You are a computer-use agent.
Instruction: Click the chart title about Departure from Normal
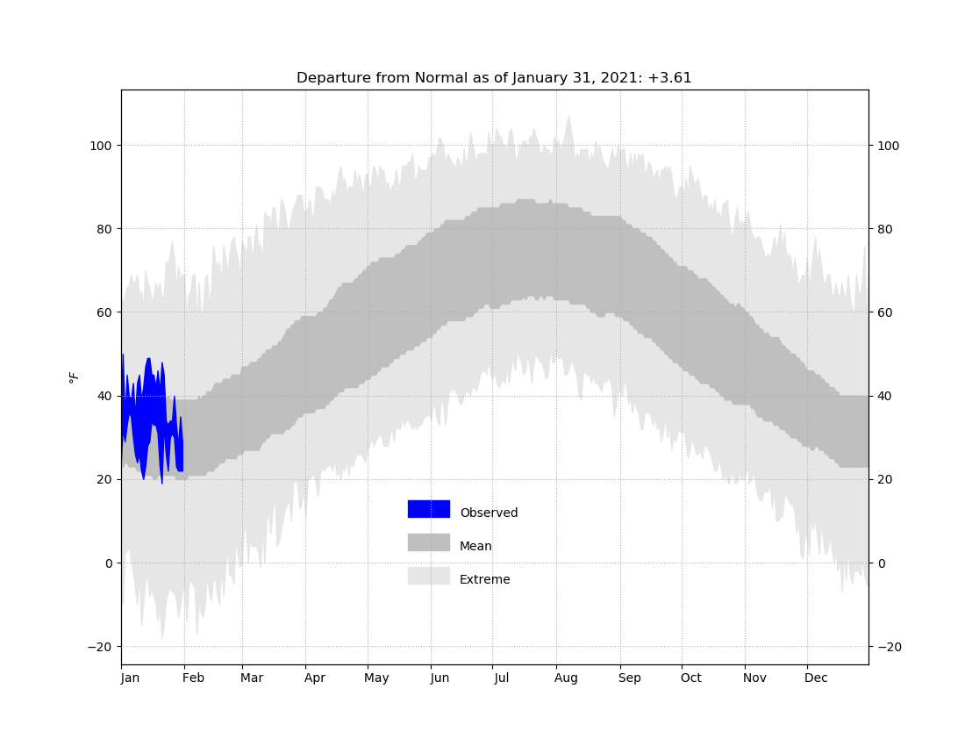click(x=494, y=78)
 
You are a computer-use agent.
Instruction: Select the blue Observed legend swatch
click(x=428, y=509)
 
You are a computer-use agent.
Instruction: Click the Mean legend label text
click(x=475, y=546)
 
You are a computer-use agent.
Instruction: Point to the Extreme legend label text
click(x=485, y=579)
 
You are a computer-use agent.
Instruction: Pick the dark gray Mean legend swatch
click(x=428, y=542)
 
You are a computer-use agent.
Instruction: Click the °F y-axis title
click(x=74, y=377)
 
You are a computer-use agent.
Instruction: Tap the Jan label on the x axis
click(x=131, y=678)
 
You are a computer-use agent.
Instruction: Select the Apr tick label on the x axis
click(x=314, y=678)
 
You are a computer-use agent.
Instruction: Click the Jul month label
click(x=501, y=678)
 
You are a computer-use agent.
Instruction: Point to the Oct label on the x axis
click(x=690, y=678)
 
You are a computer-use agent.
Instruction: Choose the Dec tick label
click(x=816, y=678)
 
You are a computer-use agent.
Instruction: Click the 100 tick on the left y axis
click(x=100, y=146)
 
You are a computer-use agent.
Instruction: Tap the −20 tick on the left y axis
click(x=100, y=647)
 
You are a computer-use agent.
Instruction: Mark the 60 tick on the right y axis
click(x=884, y=312)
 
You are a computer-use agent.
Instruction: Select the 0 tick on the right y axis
click(x=881, y=563)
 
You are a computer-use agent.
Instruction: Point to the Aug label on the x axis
click(x=566, y=678)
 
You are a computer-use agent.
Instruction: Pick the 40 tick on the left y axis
click(x=104, y=397)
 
